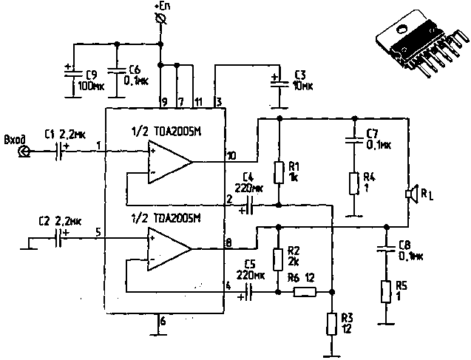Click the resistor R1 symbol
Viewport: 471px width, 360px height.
coord(279,173)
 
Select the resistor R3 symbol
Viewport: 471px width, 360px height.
coord(330,323)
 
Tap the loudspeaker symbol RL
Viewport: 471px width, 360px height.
coord(409,194)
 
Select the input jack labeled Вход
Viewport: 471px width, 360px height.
coord(24,152)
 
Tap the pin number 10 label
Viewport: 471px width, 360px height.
coord(231,155)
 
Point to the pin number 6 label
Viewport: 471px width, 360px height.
coord(163,322)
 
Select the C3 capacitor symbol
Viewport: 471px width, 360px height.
coord(279,78)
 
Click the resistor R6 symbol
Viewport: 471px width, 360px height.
coord(304,292)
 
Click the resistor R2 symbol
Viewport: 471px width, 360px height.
coord(278,259)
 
